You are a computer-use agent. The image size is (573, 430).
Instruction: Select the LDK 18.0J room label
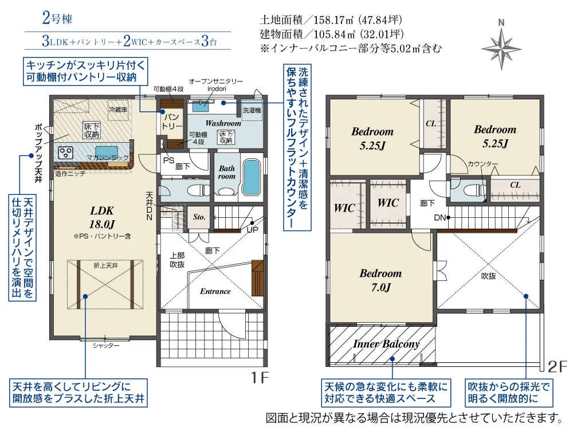coord(102,217)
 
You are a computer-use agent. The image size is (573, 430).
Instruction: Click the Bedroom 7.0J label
coord(381,280)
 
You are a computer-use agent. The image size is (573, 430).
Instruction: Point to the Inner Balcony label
coord(386,343)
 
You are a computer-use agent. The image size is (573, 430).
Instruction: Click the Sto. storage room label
coord(199,217)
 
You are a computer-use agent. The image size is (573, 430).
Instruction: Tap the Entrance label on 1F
coord(215,291)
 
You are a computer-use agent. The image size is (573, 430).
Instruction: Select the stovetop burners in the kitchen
coord(66,153)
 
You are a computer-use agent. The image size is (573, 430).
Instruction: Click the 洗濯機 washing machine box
coord(252,110)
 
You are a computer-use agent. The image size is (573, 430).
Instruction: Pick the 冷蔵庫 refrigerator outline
coord(118,110)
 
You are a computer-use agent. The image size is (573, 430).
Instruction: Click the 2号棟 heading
coord(57,18)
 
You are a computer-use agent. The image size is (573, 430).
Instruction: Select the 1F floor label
coord(260,377)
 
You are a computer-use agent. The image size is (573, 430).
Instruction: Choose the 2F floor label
coord(558,366)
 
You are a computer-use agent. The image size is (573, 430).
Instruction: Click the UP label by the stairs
coord(252,230)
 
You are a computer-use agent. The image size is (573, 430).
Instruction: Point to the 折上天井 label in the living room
coord(105,265)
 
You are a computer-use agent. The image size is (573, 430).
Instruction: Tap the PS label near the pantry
coord(168,160)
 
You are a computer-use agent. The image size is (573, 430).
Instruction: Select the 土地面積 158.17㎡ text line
coord(331,19)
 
